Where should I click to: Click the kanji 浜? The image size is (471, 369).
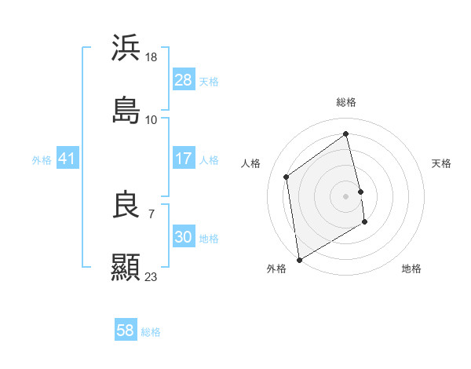pos(126,48)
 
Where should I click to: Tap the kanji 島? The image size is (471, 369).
pos(126,110)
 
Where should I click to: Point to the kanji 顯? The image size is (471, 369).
pos(126,267)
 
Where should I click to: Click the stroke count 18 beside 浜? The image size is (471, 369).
pos(152,57)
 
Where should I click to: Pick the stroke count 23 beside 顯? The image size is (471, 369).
pos(152,276)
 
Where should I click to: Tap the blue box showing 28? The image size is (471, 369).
pos(183,80)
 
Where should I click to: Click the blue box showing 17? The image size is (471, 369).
pos(183,159)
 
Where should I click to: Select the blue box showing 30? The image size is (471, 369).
pos(183,237)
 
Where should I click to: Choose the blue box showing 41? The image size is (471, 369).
pos(68,159)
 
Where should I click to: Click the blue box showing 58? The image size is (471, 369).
pos(126,331)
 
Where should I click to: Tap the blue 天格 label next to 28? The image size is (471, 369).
pos(209,81)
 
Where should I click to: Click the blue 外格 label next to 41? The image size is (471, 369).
pos(42,159)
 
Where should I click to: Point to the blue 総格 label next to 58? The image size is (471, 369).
pos(151,331)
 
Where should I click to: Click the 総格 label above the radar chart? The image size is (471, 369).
pos(346,102)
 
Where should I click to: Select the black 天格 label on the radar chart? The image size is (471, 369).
pos(441,163)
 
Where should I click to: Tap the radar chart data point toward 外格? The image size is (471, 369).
pos(298,259)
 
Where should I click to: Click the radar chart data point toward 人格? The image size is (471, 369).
pos(287,177)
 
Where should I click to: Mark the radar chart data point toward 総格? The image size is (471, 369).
pos(346,133)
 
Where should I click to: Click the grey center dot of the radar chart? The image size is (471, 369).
pos(346,195)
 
